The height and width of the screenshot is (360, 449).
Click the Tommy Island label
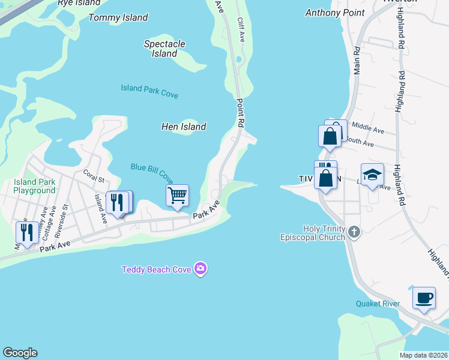click(118, 17)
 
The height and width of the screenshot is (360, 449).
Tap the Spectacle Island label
click(164, 49)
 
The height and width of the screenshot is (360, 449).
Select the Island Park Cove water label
click(149, 91)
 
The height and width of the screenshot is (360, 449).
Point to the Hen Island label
click(184, 127)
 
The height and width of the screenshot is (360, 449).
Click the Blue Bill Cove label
click(152, 173)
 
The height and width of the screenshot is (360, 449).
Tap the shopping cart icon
click(177, 194)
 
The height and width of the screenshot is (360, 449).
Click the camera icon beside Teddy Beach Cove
click(201, 269)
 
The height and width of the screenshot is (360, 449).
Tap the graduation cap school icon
click(372, 175)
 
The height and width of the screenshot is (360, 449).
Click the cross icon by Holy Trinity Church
click(354, 232)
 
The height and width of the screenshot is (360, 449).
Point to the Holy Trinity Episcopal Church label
click(312, 233)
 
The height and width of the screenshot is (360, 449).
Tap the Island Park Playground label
click(35, 186)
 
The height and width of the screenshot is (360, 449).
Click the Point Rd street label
click(241, 112)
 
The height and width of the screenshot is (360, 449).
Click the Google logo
click(20, 353)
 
